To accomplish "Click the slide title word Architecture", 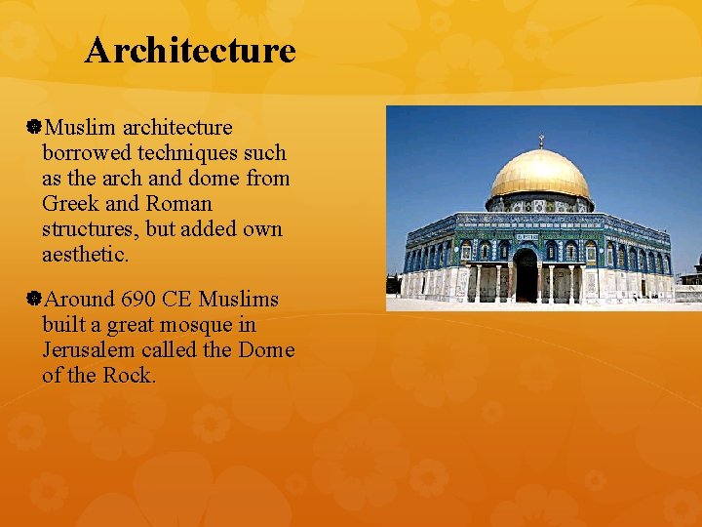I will [x=189, y=50].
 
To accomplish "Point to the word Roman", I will [x=179, y=204].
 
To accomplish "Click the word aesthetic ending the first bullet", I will [x=85, y=255].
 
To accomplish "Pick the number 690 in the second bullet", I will [x=139, y=299].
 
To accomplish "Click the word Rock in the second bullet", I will [x=128, y=375].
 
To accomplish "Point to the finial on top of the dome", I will [x=540, y=142].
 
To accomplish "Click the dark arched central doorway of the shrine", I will [x=526, y=276].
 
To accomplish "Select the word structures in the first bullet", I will [x=88, y=229].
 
